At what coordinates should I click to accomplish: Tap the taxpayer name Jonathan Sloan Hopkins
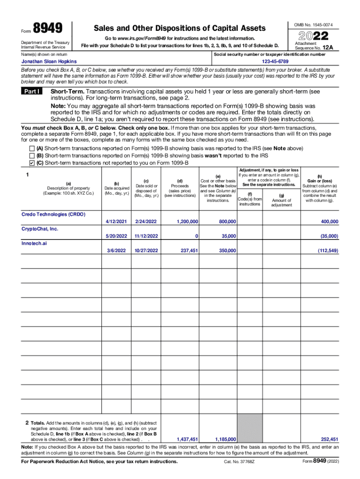click(x=50, y=61)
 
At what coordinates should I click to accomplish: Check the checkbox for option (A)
click(x=32, y=148)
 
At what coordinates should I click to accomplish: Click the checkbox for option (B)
click(x=32, y=155)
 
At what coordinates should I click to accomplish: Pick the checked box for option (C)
click(x=32, y=163)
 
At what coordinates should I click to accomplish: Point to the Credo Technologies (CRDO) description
click(x=53, y=214)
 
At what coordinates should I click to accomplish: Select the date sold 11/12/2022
click(x=146, y=236)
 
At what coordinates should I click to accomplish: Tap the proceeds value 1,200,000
click(x=187, y=221)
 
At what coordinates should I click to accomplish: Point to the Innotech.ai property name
click(x=34, y=243)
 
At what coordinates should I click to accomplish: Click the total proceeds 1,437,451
click(x=187, y=439)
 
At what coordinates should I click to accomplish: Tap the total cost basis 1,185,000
click(x=225, y=439)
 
